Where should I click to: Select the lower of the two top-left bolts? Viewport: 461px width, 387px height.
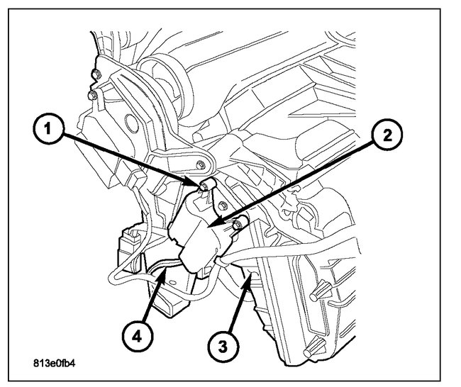90,94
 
